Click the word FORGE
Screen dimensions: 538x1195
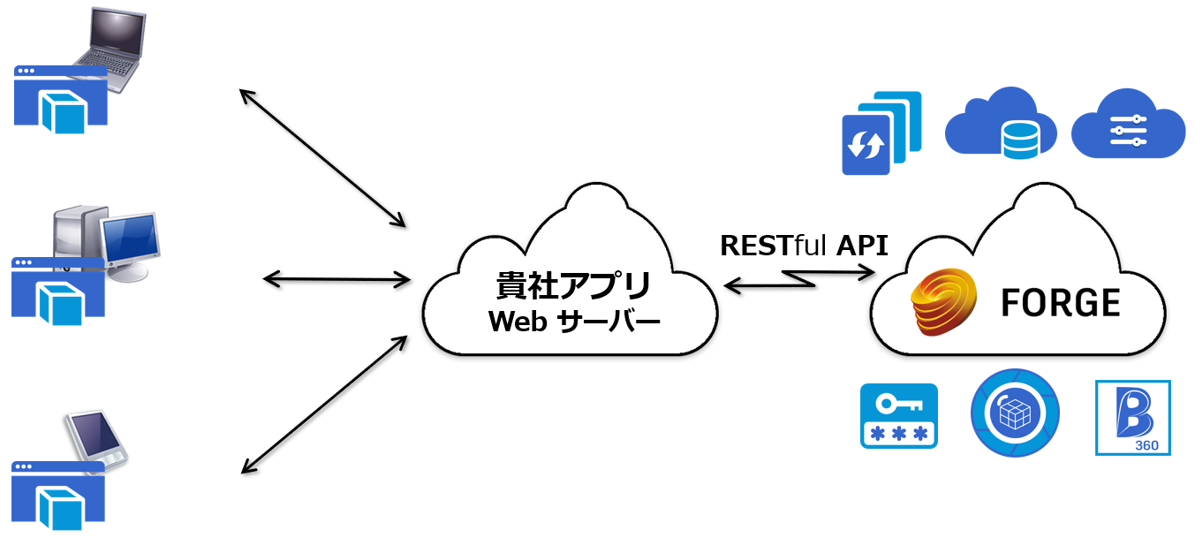[1061, 303]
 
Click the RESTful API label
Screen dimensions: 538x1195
[804, 245]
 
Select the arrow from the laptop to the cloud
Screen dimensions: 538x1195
[322, 159]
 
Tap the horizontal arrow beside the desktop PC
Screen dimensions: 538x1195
[337, 280]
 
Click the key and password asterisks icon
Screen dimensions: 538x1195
[898, 415]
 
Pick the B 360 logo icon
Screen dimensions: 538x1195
[1132, 417]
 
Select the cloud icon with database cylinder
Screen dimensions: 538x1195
[1001, 123]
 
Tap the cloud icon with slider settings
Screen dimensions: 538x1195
[1128, 125]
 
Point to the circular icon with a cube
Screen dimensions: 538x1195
[1016, 413]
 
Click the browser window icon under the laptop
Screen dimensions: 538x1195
[60, 98]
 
